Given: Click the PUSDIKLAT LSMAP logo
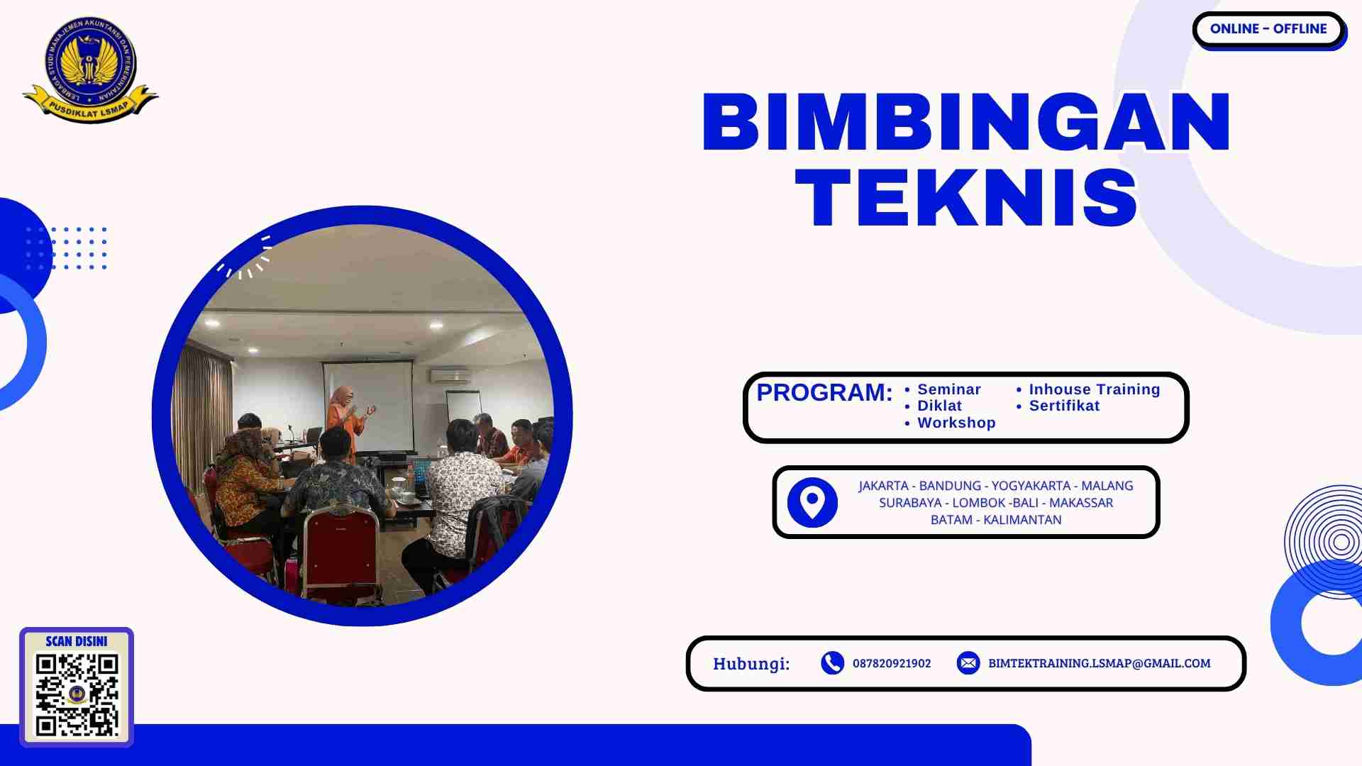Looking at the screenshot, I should click(x=90, y=69).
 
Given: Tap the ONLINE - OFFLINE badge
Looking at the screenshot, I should click(x=1268, y=29).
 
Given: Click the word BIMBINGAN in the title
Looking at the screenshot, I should click(x=966, y=123).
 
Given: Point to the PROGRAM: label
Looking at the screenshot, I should click(x=824, y=392).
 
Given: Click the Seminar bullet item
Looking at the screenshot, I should click(x=948, y=389).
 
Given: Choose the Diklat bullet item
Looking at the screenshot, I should click(x=939, y=406).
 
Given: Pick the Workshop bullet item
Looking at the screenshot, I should click(x=956, y=423).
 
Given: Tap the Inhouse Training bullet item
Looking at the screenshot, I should click(x=1094, y=389).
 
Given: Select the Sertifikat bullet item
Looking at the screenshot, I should click(x=1064, y=406).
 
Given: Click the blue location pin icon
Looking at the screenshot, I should click(x=812, y=502).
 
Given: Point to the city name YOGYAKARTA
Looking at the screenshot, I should click(x=1031, y=486).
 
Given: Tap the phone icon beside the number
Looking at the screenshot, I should click(x=832, y=663).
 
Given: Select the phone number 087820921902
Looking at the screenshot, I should click(x=892, y=663).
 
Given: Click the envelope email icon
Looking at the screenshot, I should click(x=968, y=663).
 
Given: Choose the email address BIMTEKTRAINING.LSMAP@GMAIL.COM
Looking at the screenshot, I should click(x=1099, y=663).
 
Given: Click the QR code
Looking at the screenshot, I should click(x=77, y=695).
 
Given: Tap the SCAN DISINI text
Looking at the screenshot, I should click(x=77, y=641).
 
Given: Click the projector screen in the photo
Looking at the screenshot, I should click(x=368, y=404).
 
